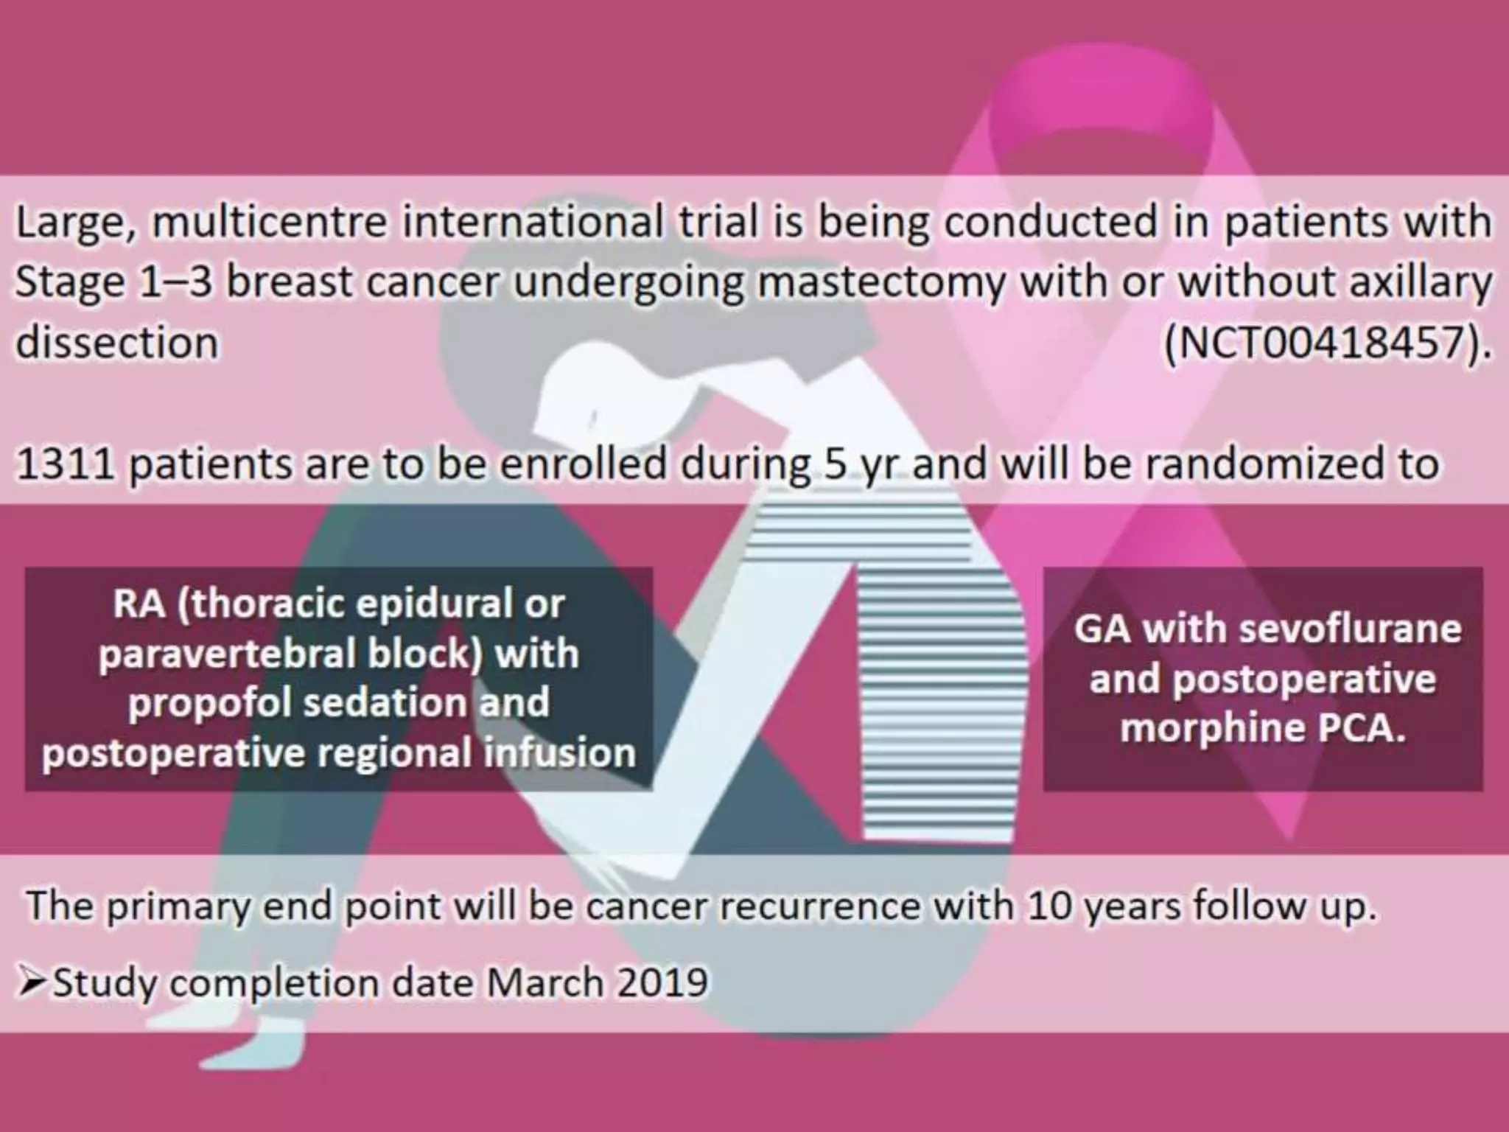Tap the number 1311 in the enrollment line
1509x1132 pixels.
65,464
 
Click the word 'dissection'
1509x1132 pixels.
117,343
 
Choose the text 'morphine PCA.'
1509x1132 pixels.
1263,728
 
